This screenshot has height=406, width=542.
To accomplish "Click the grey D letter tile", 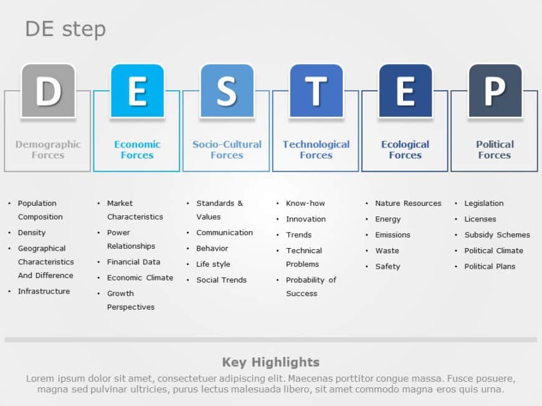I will point(48,91).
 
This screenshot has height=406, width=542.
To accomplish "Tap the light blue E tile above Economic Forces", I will point(137,91).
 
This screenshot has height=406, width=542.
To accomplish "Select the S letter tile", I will point(227,91).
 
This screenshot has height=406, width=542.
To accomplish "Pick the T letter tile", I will point(316,91).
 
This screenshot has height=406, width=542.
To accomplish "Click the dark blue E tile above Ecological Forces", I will point(405,91).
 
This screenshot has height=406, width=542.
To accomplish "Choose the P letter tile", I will point(495,91).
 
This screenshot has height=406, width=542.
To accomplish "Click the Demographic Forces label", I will point(48,150).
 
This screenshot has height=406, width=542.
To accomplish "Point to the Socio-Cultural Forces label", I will point(227,150).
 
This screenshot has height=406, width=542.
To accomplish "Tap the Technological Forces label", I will point(316,150).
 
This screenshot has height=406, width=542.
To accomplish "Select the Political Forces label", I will point(495,150).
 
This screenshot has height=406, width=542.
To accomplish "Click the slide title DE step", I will point(65,29).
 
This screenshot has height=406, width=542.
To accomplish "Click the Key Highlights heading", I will point(270,362).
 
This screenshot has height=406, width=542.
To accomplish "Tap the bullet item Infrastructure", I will point(44,291).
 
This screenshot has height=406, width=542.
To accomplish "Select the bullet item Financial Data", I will point(133,262).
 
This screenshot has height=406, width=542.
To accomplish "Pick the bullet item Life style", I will point(213,264).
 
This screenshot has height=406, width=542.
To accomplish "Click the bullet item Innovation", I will point(305,219).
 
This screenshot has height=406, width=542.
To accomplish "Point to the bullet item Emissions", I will point(392,235).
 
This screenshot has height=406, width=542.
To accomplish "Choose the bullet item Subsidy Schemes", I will point(497,235).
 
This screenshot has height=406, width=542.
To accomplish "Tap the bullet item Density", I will point(31,233).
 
